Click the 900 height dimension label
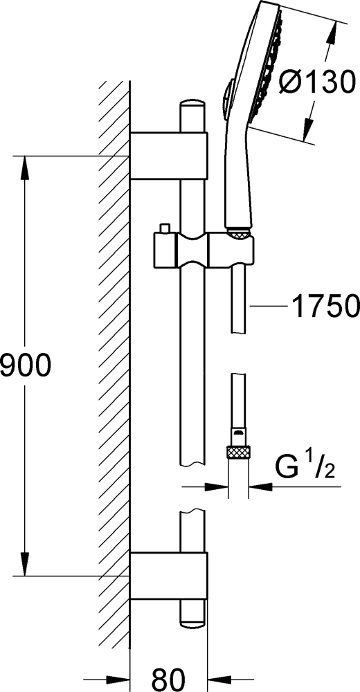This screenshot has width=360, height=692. point(26,366)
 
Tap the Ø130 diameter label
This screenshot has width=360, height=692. point(317,82)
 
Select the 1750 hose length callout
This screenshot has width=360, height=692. point(325,306)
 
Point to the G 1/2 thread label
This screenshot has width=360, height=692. point(305,468)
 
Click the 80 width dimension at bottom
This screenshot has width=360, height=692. point(168,680)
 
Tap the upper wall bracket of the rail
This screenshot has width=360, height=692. point(168,156)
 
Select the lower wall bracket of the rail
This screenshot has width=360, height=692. point(168,576)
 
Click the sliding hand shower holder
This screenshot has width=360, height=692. point(204,251)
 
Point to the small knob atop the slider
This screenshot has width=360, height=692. point(165,228)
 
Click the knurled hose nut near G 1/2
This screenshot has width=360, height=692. point(239,452)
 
